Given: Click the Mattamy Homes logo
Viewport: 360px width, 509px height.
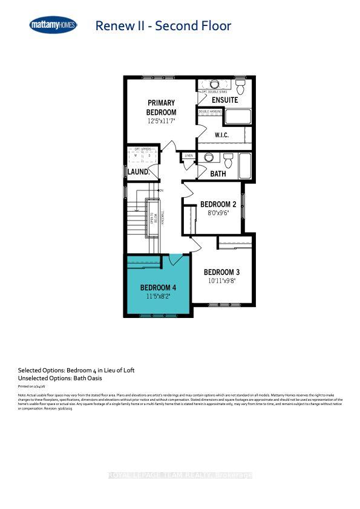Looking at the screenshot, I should tap(53, 25).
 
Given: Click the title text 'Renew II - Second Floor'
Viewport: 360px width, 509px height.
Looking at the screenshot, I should tap(163, 25).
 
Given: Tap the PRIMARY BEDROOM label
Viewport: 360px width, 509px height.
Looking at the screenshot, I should tap(161, 108).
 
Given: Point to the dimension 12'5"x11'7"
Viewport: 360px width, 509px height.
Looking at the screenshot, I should tap(161, 122).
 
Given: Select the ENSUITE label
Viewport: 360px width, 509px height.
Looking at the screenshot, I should tap(224, 100).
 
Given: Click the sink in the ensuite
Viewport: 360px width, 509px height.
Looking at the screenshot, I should tap(215, 84).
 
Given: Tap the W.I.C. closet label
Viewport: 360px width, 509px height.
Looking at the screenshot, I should tap(222, 135).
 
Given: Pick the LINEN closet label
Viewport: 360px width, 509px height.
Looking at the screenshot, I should tap(189, 156).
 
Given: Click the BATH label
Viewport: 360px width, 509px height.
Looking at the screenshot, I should tap(218, 173).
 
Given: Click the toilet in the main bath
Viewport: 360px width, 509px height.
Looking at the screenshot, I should tap(228, 160).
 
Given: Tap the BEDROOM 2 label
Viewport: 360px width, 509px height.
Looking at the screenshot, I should tap(215, 204).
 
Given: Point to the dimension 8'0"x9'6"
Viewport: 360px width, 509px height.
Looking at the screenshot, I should tap(215, 213).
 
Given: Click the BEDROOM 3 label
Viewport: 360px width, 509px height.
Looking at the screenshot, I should tap(221, 271).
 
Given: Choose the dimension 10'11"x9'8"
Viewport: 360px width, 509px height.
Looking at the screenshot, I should tap(221, 280).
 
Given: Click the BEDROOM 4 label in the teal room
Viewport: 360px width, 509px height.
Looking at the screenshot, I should tap(159, 287).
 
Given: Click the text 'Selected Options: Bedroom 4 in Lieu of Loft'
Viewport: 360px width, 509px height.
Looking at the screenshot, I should tap(71, 370).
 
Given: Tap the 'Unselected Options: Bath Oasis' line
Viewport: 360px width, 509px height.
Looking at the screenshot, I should tap(60, 378).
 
